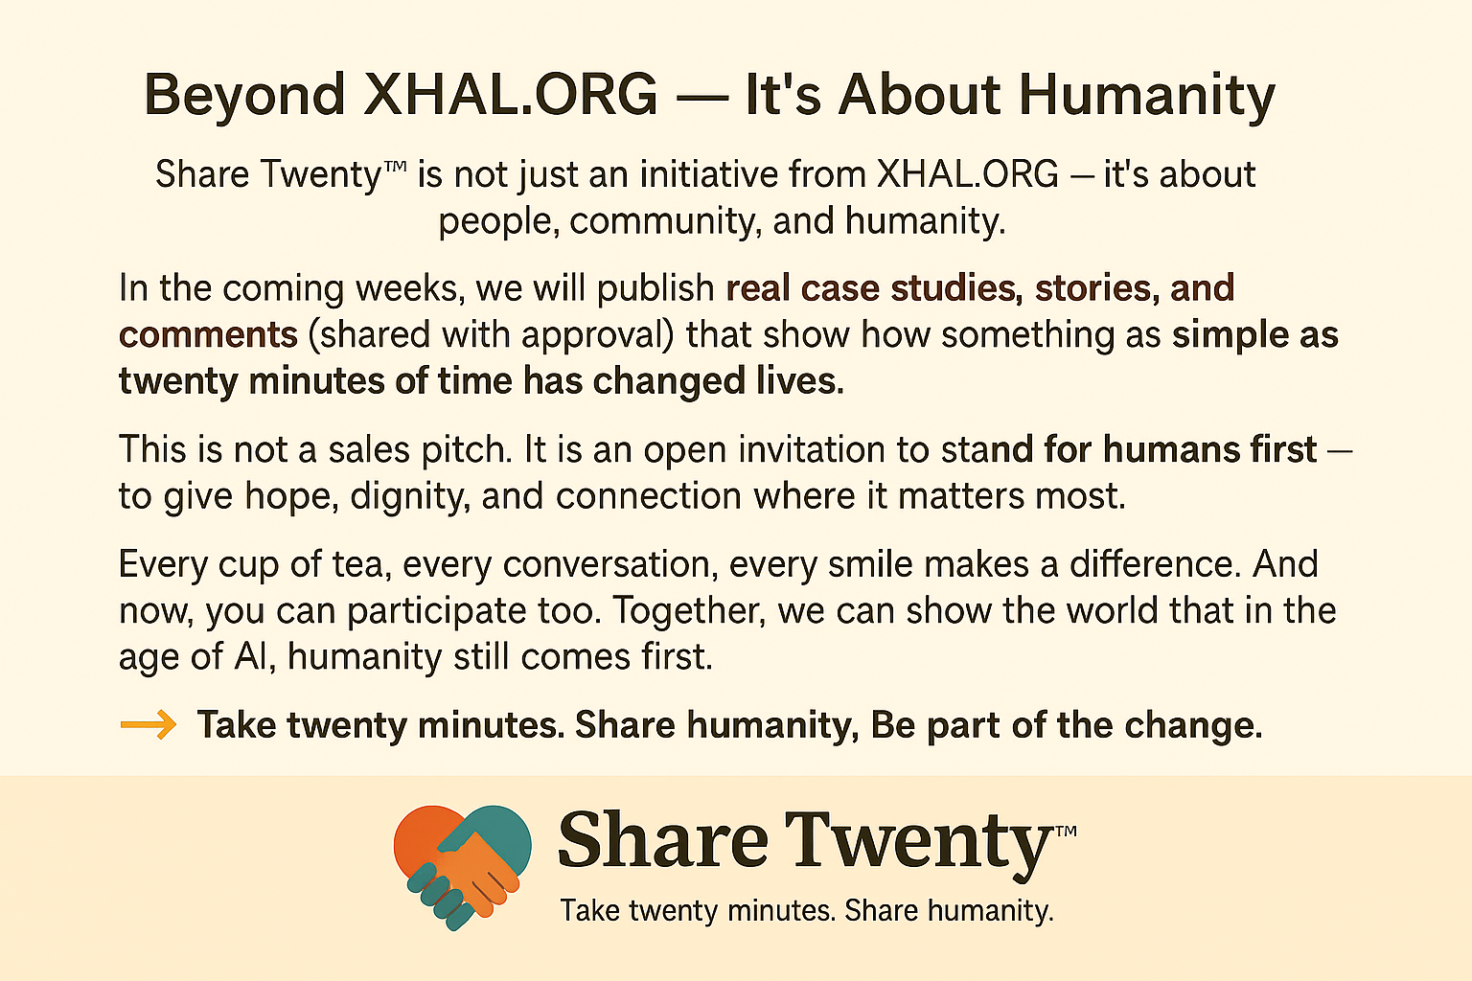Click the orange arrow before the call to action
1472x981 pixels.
pyautogui.click(x=149, y=725)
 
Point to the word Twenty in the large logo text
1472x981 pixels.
pyautogui.click(x=918, y=842)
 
